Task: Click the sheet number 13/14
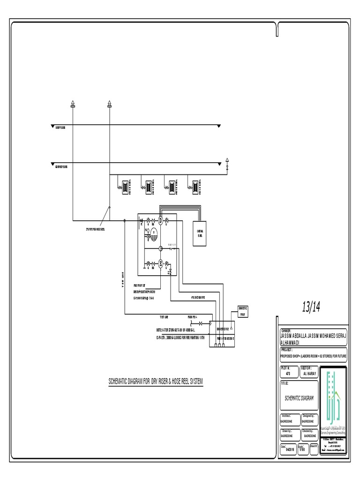point(311,307)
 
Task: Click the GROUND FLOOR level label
point(60,166)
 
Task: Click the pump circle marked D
point(160,220)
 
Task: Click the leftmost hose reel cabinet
point(126,186)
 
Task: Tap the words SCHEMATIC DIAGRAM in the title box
point(299,398)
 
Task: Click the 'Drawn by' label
point(287,431)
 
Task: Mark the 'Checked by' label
point(307,431)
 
